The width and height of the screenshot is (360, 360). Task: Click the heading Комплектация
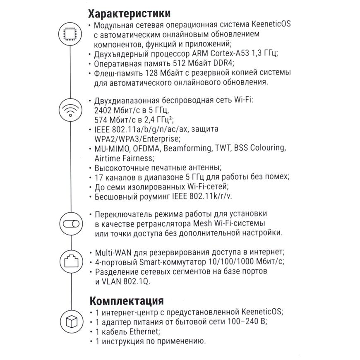(126, 300)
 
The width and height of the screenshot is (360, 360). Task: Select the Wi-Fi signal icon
(70, 111)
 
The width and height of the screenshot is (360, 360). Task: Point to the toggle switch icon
(70, 224)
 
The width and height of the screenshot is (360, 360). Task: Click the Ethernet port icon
(70, 261)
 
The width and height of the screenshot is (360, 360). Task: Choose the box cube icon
(70, 321)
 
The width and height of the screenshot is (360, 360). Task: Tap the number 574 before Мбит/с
(103, 120)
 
